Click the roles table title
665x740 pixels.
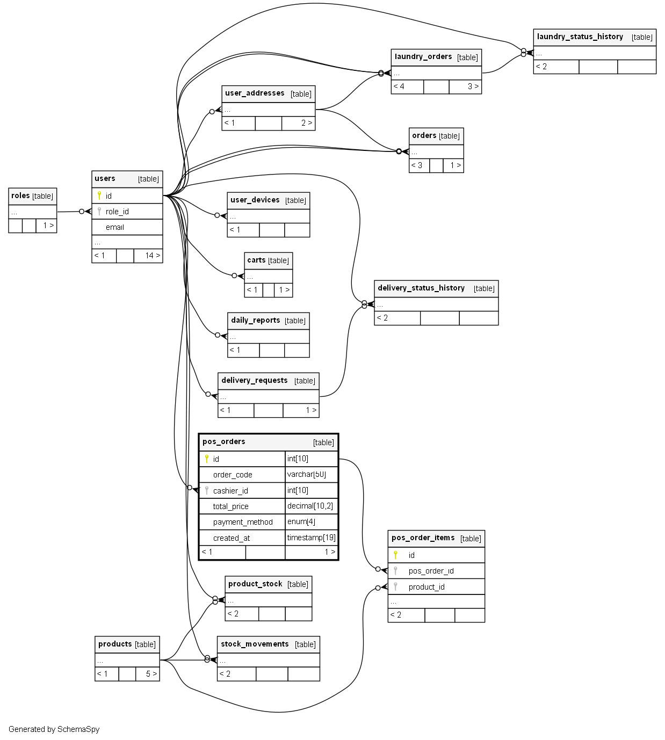20,196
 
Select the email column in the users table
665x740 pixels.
115,227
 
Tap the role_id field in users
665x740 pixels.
117,212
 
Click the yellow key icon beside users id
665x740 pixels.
99,195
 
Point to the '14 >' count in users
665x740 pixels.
152,256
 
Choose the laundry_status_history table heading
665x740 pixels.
580,37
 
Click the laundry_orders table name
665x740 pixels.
423,57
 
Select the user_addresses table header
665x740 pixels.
255,93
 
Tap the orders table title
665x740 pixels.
424,136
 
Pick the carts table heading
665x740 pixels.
256,260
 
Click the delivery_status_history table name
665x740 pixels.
421,288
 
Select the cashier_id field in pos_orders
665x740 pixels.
230,491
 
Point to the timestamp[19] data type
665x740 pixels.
311,538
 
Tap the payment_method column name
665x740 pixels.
243,522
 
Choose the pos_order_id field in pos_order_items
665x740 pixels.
431,571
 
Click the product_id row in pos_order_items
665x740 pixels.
427,587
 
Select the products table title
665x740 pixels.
115,644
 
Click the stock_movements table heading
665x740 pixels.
255,644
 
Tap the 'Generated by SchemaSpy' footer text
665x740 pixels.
54,729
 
